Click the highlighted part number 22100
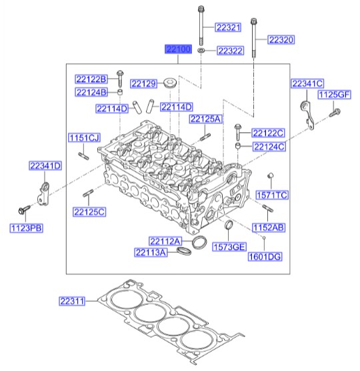point(179,50)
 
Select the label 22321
point(228,27)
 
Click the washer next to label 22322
point(202,51)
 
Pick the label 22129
point(143,83)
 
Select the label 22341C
point(307,83)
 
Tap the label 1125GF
point(333,96)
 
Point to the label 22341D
point(45,165)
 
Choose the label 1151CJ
point(83,137)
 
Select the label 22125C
point(89,212)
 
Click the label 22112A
point(164,241)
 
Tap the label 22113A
point(150,252)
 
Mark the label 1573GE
point(229,248)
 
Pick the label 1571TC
point(271,195)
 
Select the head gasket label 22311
point(72,302)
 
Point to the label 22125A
point(205,119)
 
